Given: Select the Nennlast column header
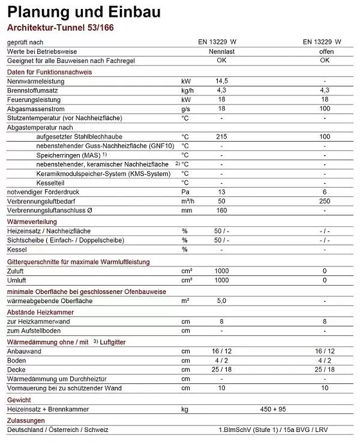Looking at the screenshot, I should [221, 52].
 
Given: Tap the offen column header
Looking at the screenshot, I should [325, 52].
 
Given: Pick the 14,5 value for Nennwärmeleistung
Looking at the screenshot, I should [221, 80].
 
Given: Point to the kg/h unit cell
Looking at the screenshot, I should [188, 89].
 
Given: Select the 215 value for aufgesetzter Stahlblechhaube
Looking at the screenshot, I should [221, 137].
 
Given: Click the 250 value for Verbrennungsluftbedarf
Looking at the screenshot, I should [325, 201].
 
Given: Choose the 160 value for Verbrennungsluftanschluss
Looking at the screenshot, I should [221, 211].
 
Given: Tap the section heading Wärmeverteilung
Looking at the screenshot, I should [32, 222].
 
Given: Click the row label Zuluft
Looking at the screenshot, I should [16, 271].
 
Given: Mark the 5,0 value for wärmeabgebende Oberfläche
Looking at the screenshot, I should [221, 301].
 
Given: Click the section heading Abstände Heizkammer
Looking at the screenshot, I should [41, 312].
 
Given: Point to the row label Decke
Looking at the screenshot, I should [16, 369].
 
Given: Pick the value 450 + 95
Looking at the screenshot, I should [274, 409].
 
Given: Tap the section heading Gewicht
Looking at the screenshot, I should [19, 399].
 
